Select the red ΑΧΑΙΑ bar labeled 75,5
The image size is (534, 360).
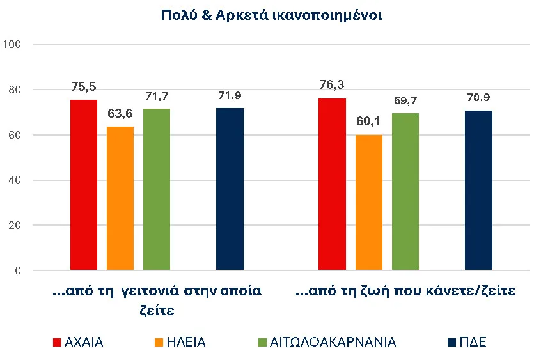pos(83,185)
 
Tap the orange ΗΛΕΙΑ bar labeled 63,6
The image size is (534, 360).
pos(120,198)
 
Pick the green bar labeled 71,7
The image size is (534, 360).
pos(157,189)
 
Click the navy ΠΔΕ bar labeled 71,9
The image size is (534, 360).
pos(230,189)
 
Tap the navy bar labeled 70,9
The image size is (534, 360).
pos(478,191)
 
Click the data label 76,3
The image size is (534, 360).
pos(332,84)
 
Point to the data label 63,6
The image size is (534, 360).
pos(120,114)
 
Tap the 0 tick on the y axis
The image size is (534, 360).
pos(18,271)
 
